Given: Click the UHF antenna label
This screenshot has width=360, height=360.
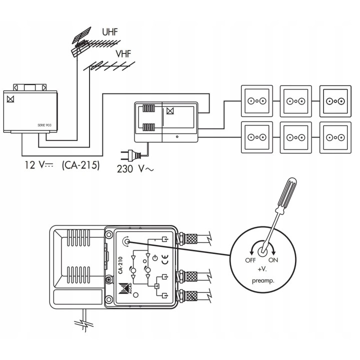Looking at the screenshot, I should [110, 32].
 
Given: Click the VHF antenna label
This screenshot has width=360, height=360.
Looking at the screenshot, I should [123, 52].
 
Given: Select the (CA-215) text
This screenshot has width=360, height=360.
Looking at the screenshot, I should [80, 165].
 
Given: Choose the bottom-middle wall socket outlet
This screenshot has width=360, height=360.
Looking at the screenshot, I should [295, 136].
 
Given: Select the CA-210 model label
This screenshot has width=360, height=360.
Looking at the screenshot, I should [120, 264].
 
